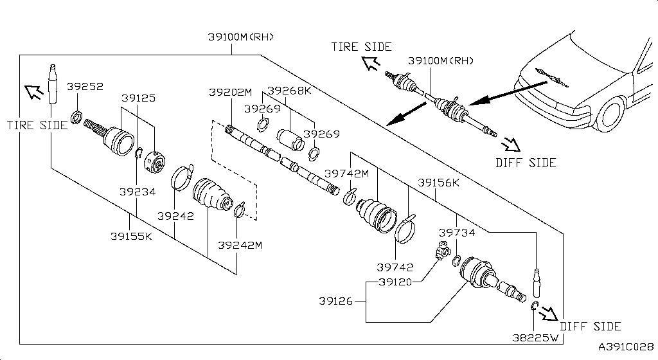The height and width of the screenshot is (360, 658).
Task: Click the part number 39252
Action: [x=85, y=86]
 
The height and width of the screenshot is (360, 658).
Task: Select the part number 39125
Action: [x=138, y=98]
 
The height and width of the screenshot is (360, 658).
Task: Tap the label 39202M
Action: [x=230, y=92]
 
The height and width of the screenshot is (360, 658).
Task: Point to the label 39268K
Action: [x=289, y=91]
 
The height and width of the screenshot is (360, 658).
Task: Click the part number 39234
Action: [x=137, y=192]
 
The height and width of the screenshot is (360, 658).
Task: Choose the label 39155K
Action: [x=130, y=236]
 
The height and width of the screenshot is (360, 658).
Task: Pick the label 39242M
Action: [x=240, y=245]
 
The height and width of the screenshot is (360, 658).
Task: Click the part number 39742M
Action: [x=346, y=173]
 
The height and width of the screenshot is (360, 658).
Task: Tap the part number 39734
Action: [x=457, y=232]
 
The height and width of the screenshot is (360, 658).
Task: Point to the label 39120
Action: [x=396, y=282]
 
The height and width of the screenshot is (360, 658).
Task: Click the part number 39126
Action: [x=336, y=300]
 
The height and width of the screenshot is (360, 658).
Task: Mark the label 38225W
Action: [x=533, y=335]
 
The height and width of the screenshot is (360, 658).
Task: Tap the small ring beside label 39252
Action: [x=75, y=117]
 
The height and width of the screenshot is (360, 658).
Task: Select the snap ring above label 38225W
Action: [x=535, y=305]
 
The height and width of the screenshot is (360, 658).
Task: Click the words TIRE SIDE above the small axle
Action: [x=361, y=46]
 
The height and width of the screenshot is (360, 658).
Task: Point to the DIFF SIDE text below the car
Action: [x=526, y=163]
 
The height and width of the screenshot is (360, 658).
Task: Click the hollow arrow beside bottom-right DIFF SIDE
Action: [x=548, y=314]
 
